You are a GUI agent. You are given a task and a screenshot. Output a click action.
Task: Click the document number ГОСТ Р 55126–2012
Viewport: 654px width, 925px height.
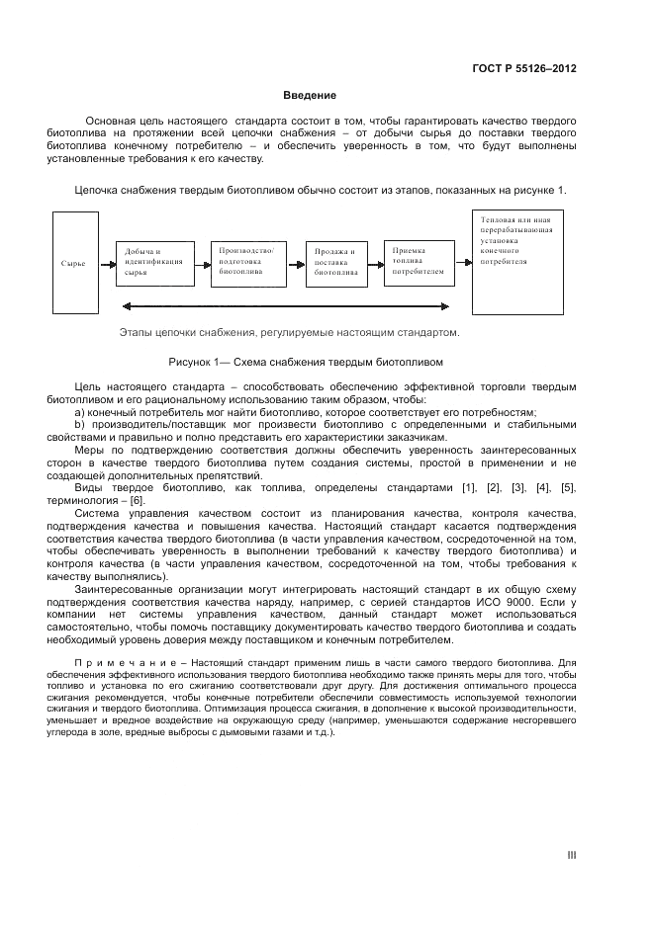click(x=524, y=68)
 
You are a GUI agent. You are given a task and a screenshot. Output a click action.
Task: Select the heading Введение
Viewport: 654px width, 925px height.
click(x=310, y=96)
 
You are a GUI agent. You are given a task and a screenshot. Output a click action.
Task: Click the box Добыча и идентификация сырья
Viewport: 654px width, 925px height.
click(x=154, y=262)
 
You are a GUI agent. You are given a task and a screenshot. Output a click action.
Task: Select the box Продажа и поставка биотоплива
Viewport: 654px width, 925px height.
click(x=335, y=263)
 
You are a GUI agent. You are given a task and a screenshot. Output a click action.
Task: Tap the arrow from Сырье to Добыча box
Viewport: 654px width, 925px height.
click(x=107, y=264)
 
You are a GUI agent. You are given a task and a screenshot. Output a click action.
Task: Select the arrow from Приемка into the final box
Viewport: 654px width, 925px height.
click(x=463, y=263)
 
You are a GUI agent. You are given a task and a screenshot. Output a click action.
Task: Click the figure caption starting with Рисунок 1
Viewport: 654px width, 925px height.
click(x=312, y=361)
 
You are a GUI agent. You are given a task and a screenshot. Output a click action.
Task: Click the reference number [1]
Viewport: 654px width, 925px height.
click(x=469, y=488)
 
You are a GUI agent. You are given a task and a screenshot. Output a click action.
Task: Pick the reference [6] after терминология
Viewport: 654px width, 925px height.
click(x=138, y=500)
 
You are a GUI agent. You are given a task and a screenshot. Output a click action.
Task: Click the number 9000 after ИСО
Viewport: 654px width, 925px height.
click(x=519, y=602)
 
